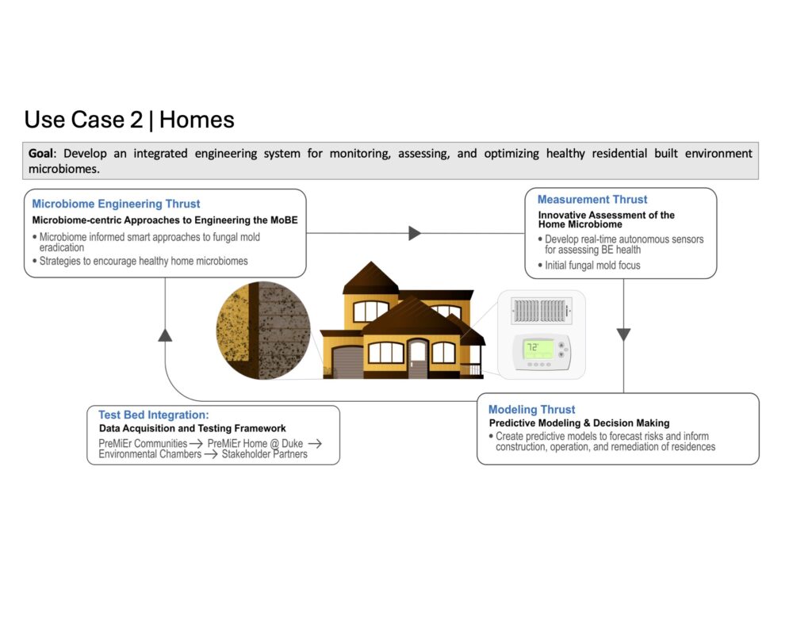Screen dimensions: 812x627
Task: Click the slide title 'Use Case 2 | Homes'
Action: [129, 120]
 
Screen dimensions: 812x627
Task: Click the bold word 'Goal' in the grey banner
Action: [40, 153]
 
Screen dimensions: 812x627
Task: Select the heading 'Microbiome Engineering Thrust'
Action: [116, 204]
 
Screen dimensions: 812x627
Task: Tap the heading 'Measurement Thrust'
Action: [592, 199]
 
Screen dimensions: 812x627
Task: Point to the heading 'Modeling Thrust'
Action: [531, 410]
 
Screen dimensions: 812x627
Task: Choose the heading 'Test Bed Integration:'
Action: [154, 415]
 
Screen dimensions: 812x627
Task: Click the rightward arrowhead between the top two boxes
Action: [414, 233]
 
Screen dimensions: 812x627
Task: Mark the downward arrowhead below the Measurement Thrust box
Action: [623, 335]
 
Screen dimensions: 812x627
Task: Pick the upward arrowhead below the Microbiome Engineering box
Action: [165, 335]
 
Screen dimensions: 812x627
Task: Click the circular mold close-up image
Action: [263, 331]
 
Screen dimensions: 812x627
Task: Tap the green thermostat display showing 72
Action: [538, 350]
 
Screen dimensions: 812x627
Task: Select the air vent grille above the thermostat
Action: [542, 311]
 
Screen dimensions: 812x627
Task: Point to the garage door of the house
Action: [348, 362]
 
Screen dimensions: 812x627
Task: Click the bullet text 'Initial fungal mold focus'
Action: [592, 265]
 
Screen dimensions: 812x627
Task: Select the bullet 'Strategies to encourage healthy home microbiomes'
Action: [144, 261]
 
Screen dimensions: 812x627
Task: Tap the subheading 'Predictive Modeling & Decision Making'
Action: [579, 423]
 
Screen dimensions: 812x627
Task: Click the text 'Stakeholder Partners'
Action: [264, 454]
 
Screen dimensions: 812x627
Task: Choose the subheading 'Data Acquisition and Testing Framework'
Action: [192, 428]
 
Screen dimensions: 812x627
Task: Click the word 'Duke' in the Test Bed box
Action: [292, 443]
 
